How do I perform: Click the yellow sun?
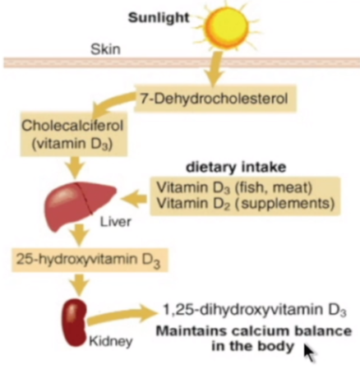pos(227,26)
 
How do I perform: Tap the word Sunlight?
pos(159,18)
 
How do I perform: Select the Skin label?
pos(105,49)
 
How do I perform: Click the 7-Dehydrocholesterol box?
pos(215,99)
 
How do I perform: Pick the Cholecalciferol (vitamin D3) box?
pos(73,134)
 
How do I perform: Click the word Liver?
pos(115,222)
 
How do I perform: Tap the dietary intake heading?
pos(236,167)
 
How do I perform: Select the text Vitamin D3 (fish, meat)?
pos(234,187)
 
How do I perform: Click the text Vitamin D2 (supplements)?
pos(246,203)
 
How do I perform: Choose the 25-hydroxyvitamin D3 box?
pos(90,260)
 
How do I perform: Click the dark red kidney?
pos(75,323)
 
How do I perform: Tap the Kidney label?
pos(111,341)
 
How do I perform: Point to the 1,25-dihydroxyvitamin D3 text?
pos(255,311)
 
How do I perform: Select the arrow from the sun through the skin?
pos(215,68)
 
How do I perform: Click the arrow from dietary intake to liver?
pos(134,198)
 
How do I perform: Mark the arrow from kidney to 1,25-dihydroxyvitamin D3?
pos(122,316)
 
